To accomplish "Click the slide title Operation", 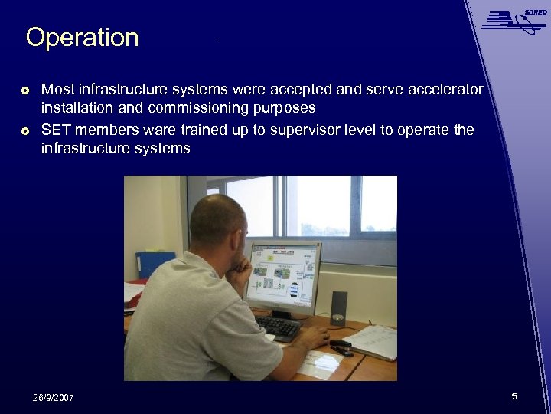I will pyautogui.click(x=82, y=38).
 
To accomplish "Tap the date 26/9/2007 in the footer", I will pyautogui.click(x=54, y=397).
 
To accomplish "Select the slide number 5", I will pyautogui.click(x=514, y=396).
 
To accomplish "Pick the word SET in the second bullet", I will pyautogui.click(x=56, y=130).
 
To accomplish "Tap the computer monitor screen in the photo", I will pyautogui.click(x=282, y=276).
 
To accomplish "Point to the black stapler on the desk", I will pyautogui.click(x=341, y=348).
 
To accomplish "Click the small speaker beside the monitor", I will pyautogui.click(x=338, y=307).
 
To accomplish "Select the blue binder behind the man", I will pyautogui.click(x=155, y=264).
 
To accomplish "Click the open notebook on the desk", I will pyautogui.click(x=371, y=340).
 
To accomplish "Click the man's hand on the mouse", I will pyautogui.click(x=314, y=337).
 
